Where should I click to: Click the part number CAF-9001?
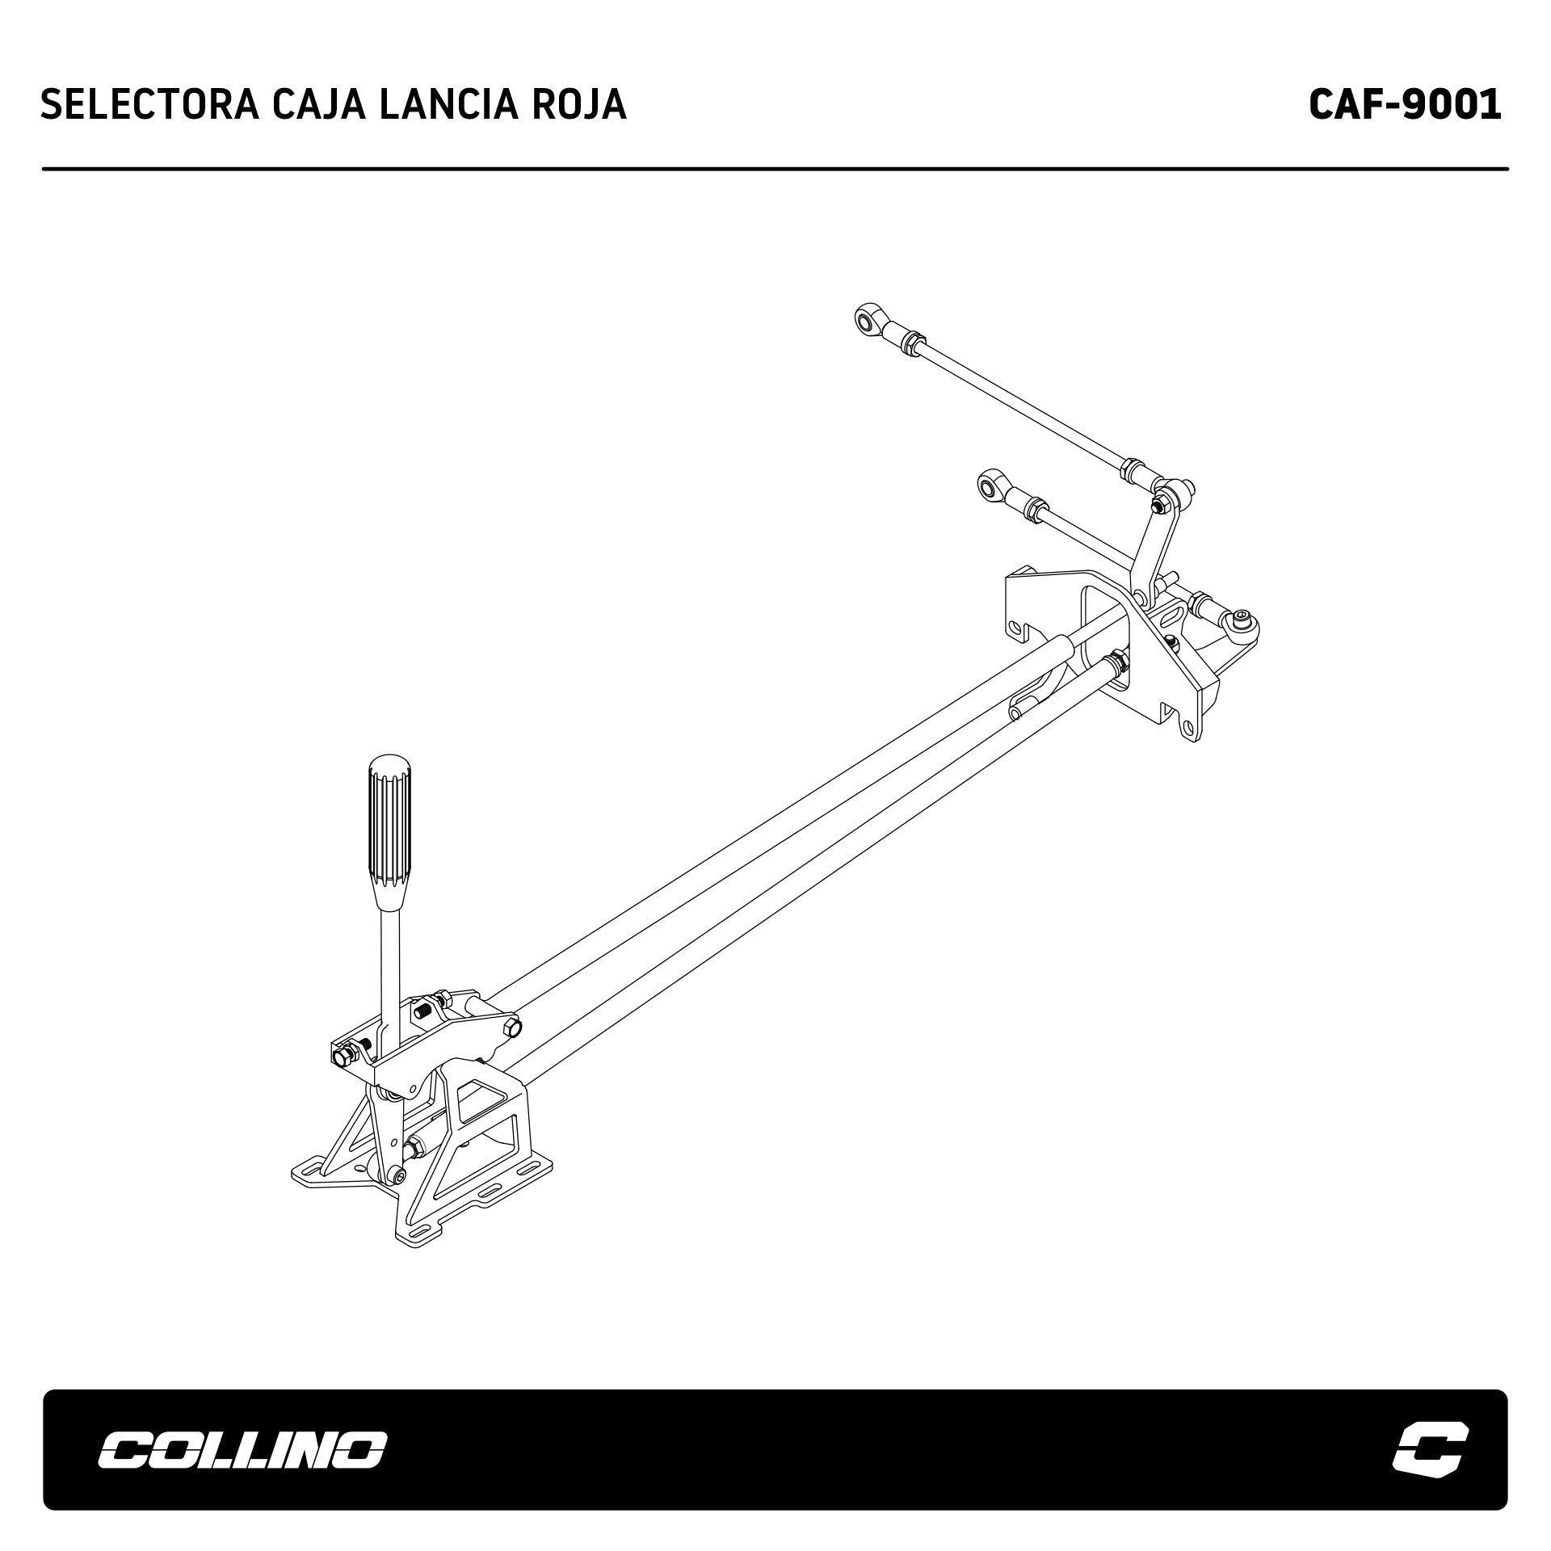1405,104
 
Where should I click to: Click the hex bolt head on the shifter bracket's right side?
511,1028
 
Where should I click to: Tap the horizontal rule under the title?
775,169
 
